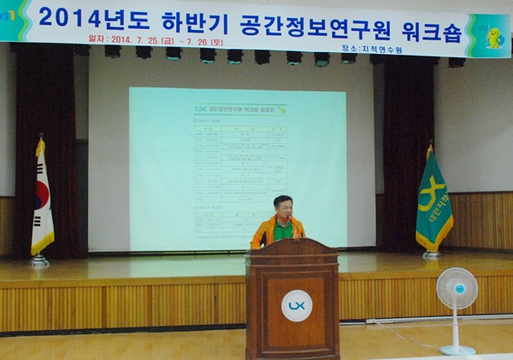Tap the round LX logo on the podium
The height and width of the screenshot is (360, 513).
tap(297, 305)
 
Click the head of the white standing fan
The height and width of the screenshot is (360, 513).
tap(457, 289)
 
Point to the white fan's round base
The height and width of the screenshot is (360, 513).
tap(457, 350)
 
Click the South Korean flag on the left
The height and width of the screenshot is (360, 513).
tap(41, 201)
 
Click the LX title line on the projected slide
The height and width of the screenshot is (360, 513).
tap(240, 109)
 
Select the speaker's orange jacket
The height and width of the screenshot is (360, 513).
tap(266, 233)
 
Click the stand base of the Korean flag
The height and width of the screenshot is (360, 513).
tap(39, 261)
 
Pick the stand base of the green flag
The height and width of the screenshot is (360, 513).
tap(432, 255)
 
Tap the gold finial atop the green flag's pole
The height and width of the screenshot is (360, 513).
tap(429, 145)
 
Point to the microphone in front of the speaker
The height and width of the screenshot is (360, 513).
tap(292, 224)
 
